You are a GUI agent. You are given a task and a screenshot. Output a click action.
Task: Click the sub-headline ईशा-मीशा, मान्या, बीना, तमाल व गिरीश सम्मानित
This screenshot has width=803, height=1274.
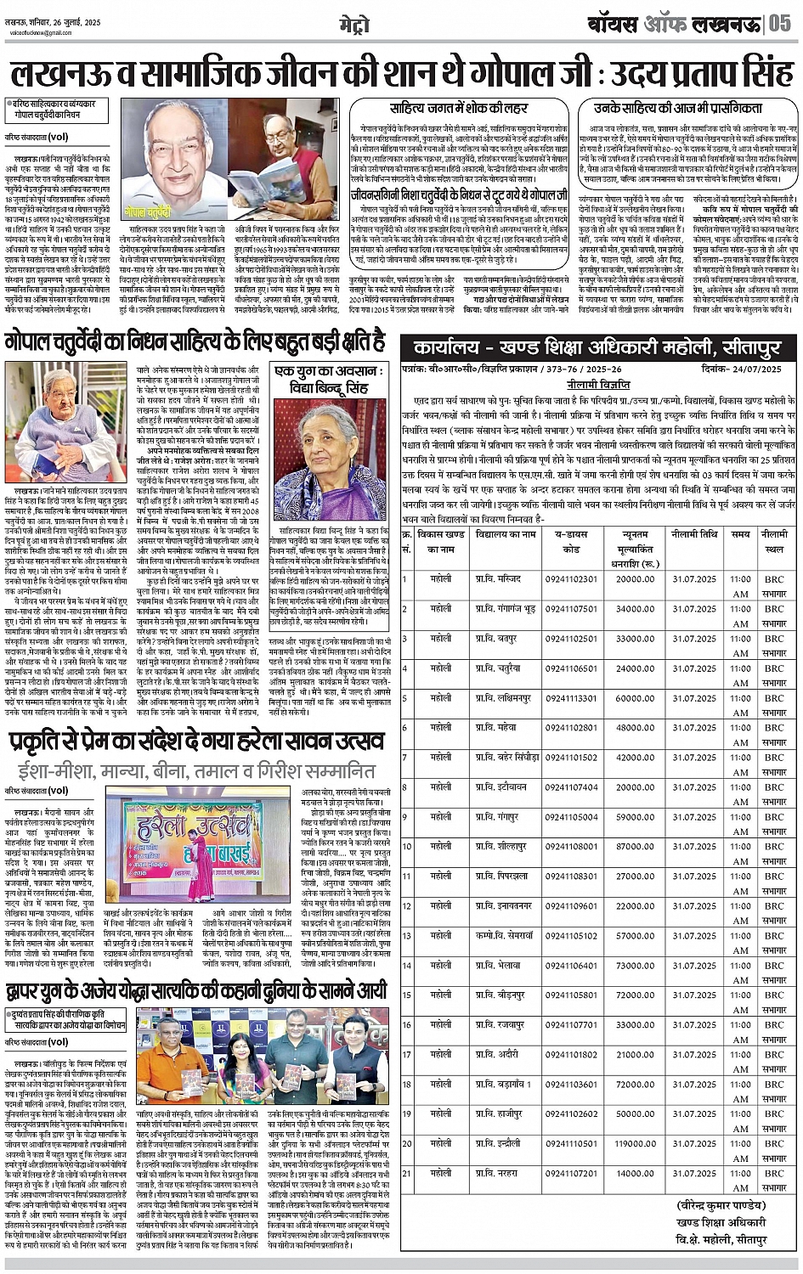tap(196, 771)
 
